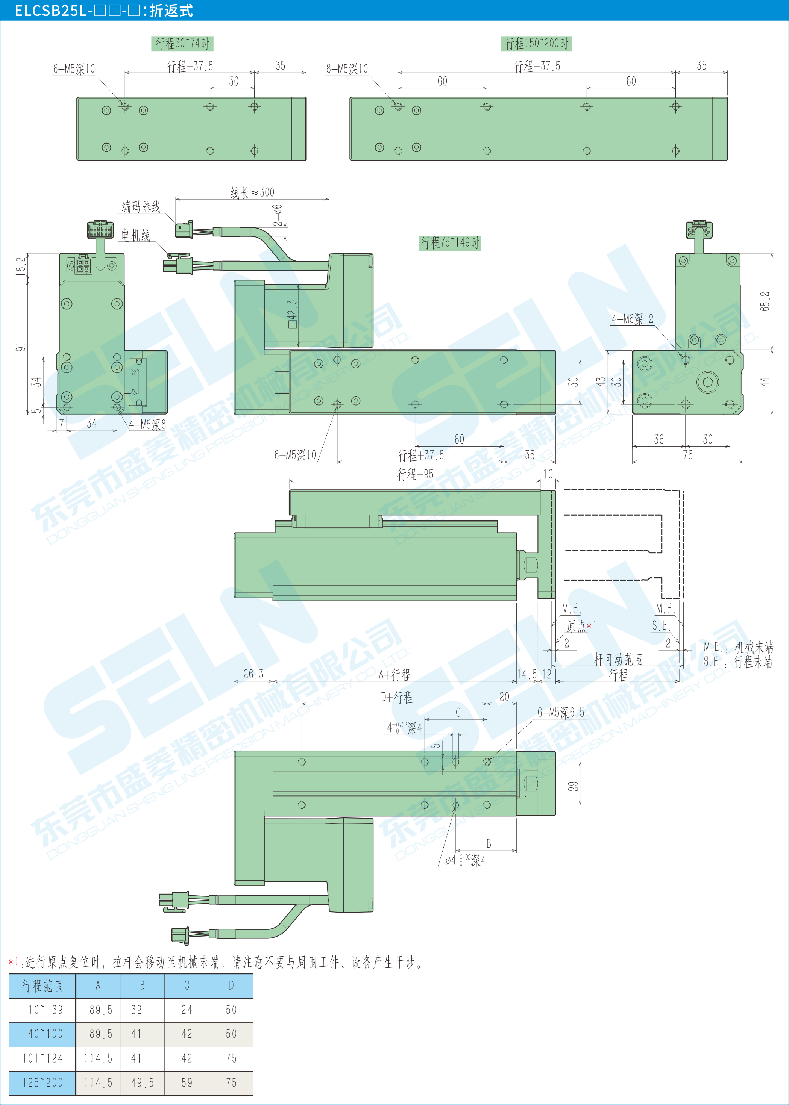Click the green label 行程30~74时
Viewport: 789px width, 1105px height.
pyautogui.click(x=182, y=44)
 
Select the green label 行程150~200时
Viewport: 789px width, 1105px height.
pyautogui.click(x=536, y=44)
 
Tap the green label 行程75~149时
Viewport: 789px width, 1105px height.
pyautogui.click(x=450, y=242)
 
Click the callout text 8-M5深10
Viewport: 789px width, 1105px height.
pyautogui.click(x=347, y=68)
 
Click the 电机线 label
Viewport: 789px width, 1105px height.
pyautogui.click(x=135, y=235)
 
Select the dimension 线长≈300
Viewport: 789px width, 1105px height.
pyautogui.click(x=252, y=192)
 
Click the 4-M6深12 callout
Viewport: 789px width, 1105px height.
pyautogui.click(x=633, y=319)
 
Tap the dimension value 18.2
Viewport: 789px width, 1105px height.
pyautogui.click(x=20, y=266)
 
